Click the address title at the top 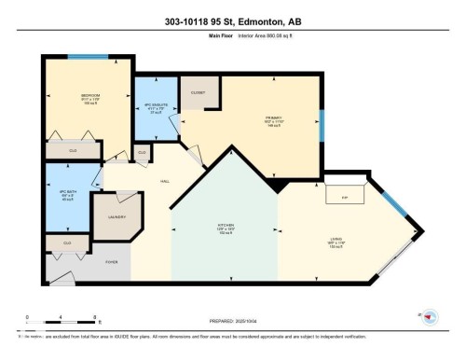click(233, 21)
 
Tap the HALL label click(164, 182)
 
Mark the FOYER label click(111, 263)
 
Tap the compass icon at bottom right click(430, 317)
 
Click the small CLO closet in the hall click(143, 151)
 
